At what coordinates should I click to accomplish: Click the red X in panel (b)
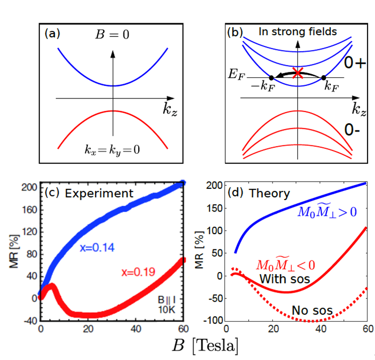[298, 73]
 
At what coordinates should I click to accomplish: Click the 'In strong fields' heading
[297, 33]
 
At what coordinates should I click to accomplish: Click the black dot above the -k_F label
[270, 77]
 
